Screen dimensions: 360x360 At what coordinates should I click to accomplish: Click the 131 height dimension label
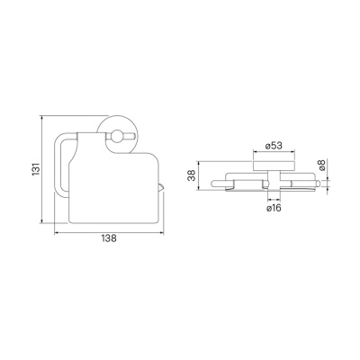(x=36, y=169)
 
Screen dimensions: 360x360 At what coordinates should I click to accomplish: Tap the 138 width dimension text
(x=109, y=238)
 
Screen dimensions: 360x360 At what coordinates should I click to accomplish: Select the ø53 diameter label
(x=274, y=146)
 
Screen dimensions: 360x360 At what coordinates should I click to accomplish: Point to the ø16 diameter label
(x=274, y=207)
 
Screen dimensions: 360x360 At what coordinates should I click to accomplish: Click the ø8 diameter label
(x=321, y=166)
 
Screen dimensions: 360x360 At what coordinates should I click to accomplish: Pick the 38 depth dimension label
(x=192, y=175)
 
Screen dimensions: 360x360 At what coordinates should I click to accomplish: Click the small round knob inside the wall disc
(x=116, y=136)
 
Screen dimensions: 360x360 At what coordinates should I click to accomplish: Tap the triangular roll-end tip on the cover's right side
(x=161, y=187)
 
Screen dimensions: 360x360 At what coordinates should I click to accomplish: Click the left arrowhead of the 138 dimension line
(x=56, y=232)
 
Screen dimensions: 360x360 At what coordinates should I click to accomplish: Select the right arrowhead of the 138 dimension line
(x=162, y=232)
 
